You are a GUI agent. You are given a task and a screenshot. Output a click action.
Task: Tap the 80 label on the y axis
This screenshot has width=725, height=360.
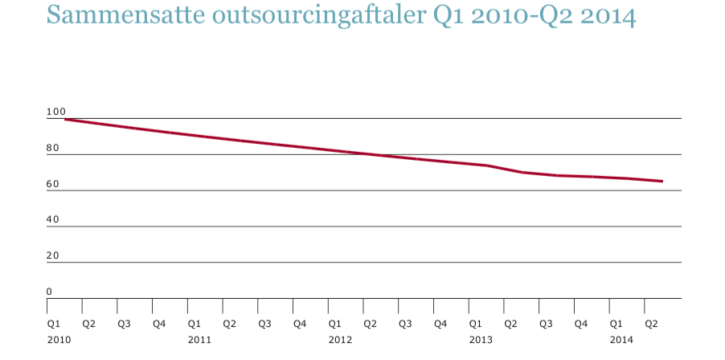(53, 148)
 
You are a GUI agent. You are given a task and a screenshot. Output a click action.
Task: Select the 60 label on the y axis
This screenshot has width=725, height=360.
(53, 184)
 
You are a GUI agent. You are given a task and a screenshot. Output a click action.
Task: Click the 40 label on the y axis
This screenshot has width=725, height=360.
(53, 220)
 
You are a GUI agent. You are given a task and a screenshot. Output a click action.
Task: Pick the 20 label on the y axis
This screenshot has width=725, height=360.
(53, 256)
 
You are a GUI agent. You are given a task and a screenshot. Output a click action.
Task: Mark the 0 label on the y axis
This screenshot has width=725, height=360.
(49, 292)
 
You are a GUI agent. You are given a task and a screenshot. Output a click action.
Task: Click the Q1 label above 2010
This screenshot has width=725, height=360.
(54, 324)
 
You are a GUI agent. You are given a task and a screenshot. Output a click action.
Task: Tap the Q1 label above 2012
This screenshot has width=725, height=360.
(335, 324)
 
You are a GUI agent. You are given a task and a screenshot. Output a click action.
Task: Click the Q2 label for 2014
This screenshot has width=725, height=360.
(652, 324)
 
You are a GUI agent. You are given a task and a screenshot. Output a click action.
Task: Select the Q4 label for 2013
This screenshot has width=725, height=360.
(581, 324)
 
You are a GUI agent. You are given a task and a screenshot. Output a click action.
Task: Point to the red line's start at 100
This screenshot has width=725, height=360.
(65, 120)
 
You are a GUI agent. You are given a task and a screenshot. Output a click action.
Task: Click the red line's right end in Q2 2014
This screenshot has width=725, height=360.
(662, 181)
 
